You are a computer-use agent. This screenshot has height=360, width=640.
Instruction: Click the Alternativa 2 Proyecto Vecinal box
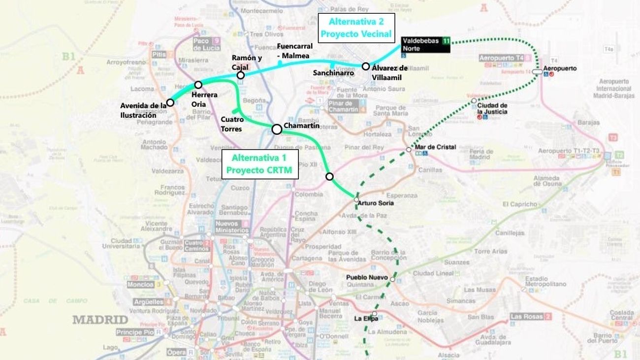[356, 28]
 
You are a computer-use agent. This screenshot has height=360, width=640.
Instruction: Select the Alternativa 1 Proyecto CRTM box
[259, 164]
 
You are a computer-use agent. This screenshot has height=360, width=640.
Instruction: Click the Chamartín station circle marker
[277, 129]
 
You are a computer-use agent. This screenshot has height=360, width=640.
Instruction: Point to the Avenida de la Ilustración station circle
[170, 102]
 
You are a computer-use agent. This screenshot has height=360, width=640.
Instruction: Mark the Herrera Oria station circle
[198, 85]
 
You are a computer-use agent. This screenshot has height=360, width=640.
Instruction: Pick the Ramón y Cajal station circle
[240, 75]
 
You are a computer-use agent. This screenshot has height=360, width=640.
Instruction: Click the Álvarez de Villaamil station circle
[365, 66]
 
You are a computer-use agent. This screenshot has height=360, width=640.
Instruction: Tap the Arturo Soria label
[375, 203]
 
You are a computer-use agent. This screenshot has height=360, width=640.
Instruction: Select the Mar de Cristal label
[435, 147]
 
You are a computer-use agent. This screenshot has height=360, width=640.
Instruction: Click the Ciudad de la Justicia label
[492, 108]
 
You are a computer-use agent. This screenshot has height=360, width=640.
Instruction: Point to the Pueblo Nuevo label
[367, 277]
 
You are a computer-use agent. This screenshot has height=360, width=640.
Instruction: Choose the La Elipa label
[366, 319]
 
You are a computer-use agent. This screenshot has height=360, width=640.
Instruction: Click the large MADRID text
[100, 320]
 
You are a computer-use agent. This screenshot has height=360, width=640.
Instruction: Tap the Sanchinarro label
[333, 73]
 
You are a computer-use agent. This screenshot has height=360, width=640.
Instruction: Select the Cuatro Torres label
[231, 124]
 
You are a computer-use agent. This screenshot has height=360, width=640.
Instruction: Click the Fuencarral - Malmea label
[294, 51]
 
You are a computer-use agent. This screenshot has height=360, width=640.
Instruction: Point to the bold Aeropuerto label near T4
[560, 68]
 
